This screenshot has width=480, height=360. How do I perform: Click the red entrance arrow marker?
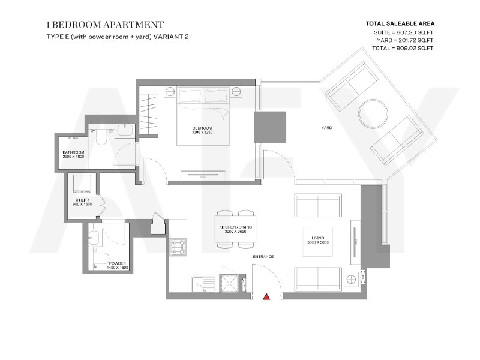(x=266, y=296)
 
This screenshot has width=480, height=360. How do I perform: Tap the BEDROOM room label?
(x=202, y=128)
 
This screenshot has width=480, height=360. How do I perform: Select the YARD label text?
(x=326, y=128)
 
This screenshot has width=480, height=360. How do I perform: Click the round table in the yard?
(x=373, y=114)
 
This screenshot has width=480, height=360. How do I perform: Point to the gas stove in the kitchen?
(x=178, y=247)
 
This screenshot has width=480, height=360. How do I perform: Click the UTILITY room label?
(x=83, y=200)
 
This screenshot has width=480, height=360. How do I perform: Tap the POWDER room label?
(x=117, y=263)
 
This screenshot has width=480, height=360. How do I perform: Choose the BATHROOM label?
(x=73, y=152)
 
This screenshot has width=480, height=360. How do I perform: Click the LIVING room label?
(x=318, y=238)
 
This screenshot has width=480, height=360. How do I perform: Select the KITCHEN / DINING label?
(x=235, y=227)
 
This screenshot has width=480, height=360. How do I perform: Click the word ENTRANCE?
(x=263, y=257)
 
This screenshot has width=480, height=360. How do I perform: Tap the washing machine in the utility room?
(x=82, y=184)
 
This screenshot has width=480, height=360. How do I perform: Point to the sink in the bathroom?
(x=125, y=130)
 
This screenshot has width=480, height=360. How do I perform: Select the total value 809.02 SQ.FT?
(x=413, y=48)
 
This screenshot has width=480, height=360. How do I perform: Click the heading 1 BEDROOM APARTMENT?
(x=105, y=25)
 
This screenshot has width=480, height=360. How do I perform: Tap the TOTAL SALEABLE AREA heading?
(x=400, y=23)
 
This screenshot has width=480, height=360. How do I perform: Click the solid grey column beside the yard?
(x=270, y=127)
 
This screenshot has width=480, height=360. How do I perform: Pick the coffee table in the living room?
(x=318, y=242)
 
